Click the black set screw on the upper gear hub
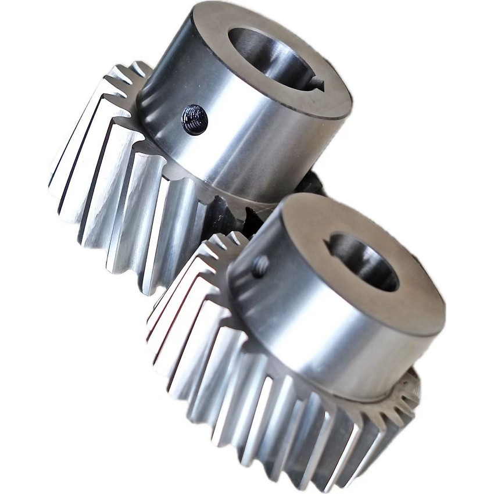195,120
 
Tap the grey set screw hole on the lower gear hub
260,266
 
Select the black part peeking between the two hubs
311,183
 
